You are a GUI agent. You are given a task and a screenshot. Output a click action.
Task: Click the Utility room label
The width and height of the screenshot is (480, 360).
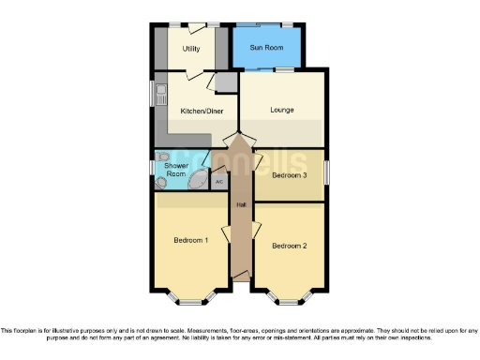[x=191, y=48]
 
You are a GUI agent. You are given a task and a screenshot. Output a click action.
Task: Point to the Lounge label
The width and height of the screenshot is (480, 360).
[x=282, y=111]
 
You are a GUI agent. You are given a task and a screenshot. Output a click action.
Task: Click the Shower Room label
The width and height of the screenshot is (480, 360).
[x=176, y=170]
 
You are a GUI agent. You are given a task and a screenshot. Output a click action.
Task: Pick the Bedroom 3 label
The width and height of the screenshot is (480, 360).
[x=289, y=175]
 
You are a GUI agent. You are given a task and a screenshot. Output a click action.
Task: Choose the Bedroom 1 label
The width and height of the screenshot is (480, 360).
[x=190, y=241]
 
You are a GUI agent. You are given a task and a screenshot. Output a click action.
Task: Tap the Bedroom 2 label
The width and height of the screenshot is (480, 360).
[x=289, y=246]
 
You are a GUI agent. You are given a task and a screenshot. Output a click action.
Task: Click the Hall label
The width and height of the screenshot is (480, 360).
[x=241, y=205]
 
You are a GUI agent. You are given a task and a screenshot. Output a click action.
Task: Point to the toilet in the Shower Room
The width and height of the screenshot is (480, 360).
[x=163, y=157]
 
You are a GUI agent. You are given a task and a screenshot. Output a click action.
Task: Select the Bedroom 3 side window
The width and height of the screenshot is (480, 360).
[x=328, y=174]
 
